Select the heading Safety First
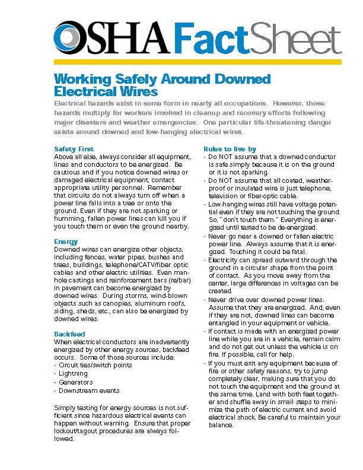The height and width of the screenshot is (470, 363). [x=74, y=148]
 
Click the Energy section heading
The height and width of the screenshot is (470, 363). [x=65, y=242]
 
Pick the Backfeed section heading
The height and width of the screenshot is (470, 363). [x=69, y=334]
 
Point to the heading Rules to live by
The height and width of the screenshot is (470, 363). [x=230, y=148]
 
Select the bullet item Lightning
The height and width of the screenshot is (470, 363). [x=73, y=374]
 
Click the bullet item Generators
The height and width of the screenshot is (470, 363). [x=75, y=382]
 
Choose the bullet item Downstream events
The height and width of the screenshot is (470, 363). [x=89, y=390]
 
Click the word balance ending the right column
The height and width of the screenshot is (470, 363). [x=221, y=425]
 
